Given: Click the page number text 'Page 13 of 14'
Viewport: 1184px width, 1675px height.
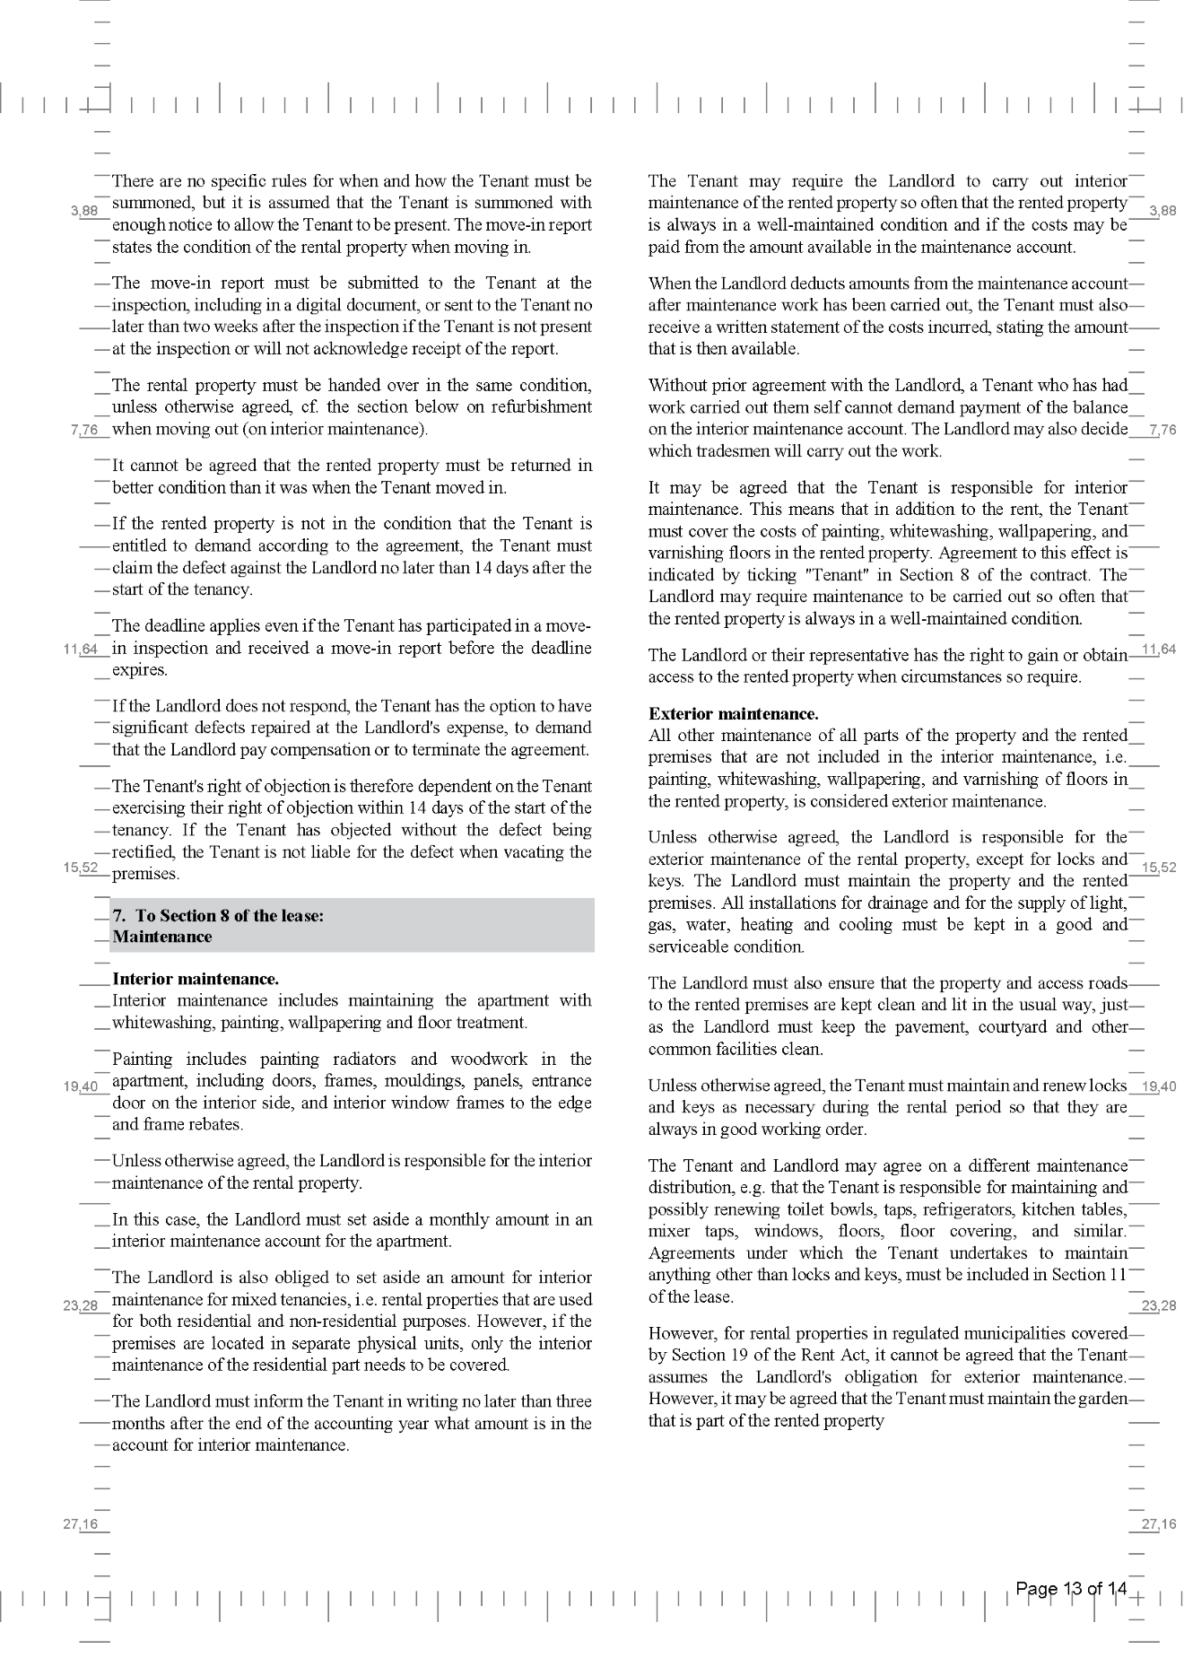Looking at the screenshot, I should coord(1070,1590).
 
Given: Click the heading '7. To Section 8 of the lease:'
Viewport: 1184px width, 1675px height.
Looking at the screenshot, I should coord(218,915).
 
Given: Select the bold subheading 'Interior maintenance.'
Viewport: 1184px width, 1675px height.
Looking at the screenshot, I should coord(195,979).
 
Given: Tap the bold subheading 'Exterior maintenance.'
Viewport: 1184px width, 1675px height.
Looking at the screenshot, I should coord(733,714).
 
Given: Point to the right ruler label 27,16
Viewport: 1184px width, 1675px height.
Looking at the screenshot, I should coord(1158,1524).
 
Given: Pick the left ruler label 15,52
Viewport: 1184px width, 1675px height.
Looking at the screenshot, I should coord(81,868).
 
